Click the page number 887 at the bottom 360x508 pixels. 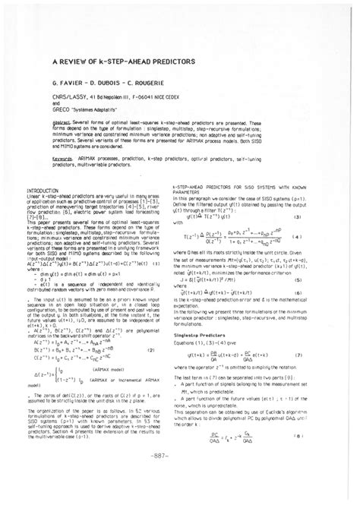click(180, 478)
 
